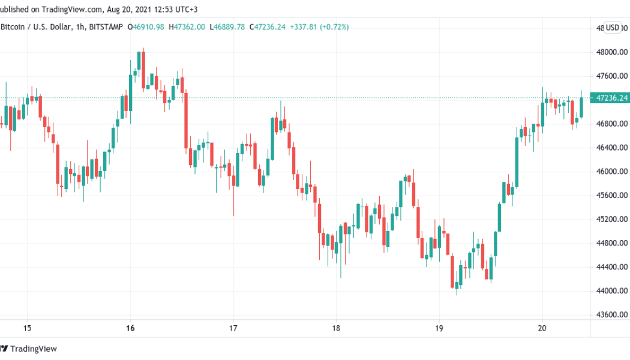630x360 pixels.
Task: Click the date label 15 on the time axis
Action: pos(26,328)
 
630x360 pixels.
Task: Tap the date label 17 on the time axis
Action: pos(233,328)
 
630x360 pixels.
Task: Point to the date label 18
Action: pos(337,328)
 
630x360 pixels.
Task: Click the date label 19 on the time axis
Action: pos(439,328)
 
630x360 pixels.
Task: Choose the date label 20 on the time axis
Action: pos(542,328)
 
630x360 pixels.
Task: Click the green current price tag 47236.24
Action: pos(610,98)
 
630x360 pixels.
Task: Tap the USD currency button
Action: pos(612,27)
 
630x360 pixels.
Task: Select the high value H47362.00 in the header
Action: pos(187,27)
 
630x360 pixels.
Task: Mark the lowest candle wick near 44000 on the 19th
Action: pos(457,293)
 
